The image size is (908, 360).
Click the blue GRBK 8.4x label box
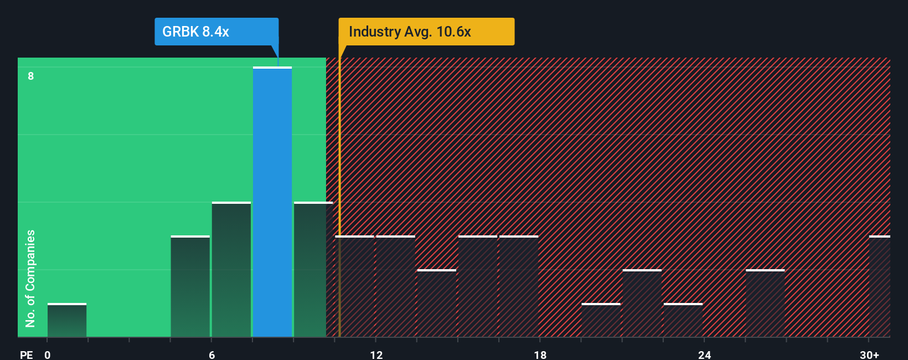point(216,32)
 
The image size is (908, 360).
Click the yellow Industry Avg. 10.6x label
point(426,32)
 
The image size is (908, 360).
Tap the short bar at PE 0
point(67,321)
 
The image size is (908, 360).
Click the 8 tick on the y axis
point(31,76)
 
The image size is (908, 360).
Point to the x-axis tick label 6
point(211,354)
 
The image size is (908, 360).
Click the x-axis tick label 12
point(376,354)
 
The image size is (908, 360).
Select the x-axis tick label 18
point(540,354)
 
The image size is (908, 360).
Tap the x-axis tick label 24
point(704,354)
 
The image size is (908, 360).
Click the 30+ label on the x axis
point(869,354)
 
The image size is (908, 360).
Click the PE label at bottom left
point(26,354)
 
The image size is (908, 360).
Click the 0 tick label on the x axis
point(48,354)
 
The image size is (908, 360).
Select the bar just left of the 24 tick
point(683,321)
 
